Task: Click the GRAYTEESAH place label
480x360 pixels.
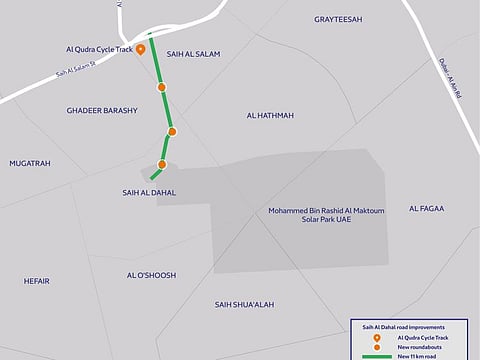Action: point(341,19)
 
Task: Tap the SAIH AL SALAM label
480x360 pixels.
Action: point(192,54)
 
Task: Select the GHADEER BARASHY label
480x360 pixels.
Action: point(101,110)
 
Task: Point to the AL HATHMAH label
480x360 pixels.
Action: point(270,116)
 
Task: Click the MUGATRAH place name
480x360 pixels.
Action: point(30,163)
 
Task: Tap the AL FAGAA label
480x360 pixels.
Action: point(426,208)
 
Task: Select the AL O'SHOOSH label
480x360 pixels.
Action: point(151,275)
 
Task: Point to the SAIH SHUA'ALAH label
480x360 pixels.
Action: point(244,304)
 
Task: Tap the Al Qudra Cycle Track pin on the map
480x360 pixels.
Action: point(141,49)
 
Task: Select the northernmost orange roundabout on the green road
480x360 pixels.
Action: point(161,88)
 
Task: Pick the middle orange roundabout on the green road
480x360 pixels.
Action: point(172,131)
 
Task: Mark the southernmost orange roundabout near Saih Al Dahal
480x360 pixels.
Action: point(162,164)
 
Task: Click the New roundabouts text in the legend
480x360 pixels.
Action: point(418,346)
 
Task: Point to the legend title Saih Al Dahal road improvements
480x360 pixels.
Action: point(403,327)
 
